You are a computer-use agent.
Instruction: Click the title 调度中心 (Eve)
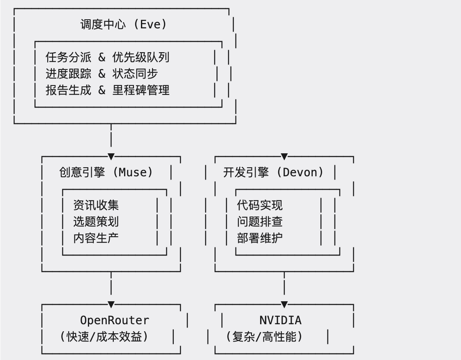tap(124, 25)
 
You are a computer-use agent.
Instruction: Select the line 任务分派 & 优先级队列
tap(108, 57)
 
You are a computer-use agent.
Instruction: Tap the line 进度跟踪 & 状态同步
tap(102, 74)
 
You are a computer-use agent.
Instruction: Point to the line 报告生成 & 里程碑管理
tap(108, 90)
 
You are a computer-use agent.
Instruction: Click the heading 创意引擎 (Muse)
tap(106, 173)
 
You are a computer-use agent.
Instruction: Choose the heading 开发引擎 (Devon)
tap(273, 173)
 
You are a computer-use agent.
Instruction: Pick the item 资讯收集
tap(96, 205)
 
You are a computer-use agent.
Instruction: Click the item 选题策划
tap(96, 222)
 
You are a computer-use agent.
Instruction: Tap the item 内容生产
tap(96, 238)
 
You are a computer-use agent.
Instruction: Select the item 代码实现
tap(260, 205)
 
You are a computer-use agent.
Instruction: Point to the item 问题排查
tap(260, 222)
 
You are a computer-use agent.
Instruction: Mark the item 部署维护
tap(260, 238)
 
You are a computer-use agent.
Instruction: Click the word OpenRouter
tap(115, 320)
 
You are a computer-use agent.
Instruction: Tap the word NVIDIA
tap(280, 320)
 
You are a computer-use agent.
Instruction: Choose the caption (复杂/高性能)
tap(264, 337)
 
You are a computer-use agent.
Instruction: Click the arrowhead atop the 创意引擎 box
tap(111, 157)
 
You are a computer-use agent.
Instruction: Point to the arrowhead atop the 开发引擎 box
tap(284, 157)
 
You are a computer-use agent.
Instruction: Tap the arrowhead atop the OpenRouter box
tap(111, 305)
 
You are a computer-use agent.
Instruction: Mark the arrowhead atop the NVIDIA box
tap(284, 305)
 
